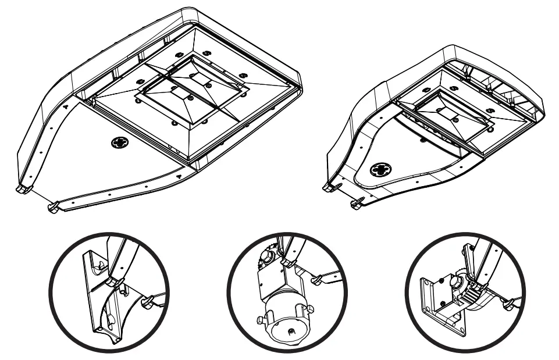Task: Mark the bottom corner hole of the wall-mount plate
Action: pos(462,333)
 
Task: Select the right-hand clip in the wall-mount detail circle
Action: pos(511,302)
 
